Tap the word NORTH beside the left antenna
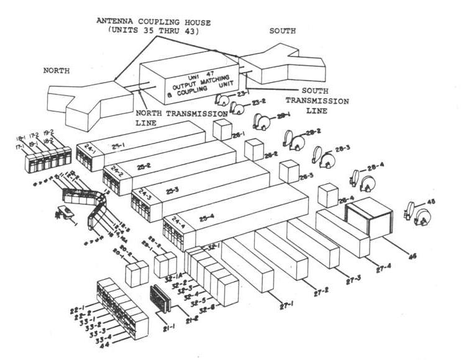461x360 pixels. pyautogui.click(x=56, y=71)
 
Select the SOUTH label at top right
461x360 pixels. pyautogui.click(x=282, y=30)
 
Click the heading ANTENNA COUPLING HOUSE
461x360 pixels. pyautogui.click(x=153, y=23)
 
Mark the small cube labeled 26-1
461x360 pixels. pyautogui.click(x=222, y=130)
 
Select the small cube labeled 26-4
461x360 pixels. pyautogui.click(x=327, y=196)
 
